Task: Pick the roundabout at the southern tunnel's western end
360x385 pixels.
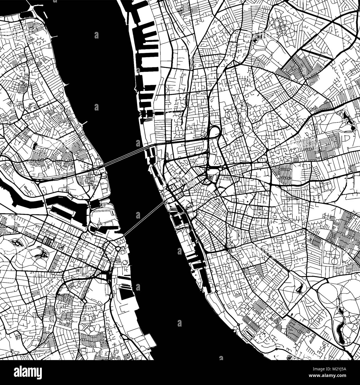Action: (x=118, y=249)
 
